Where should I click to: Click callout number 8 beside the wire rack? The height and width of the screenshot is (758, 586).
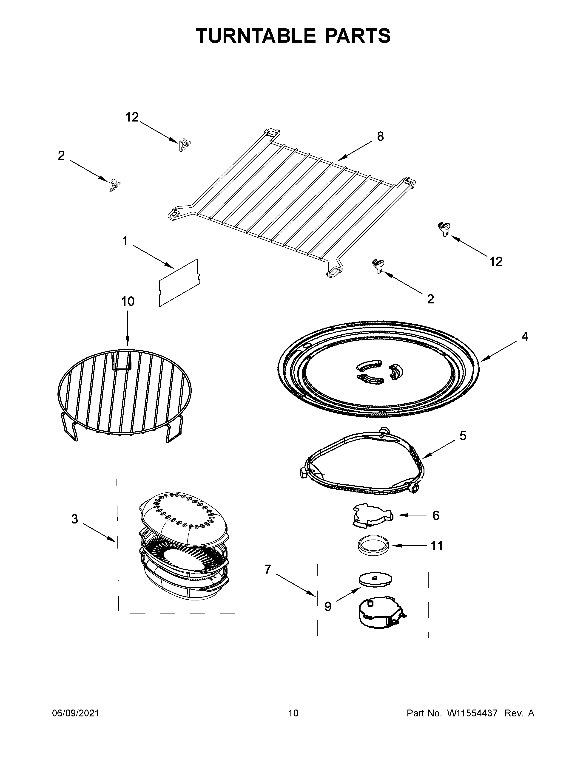(381, 137)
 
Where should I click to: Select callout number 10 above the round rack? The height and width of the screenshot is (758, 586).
(128, 301)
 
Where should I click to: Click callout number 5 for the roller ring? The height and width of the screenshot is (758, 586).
(463, 436)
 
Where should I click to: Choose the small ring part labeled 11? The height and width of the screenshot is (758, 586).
(372, 546)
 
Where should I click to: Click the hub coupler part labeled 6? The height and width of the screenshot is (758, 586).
(371, 515)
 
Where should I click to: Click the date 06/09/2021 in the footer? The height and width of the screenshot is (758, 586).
(75, 713)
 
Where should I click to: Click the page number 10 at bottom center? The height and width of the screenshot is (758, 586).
(293, 713)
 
